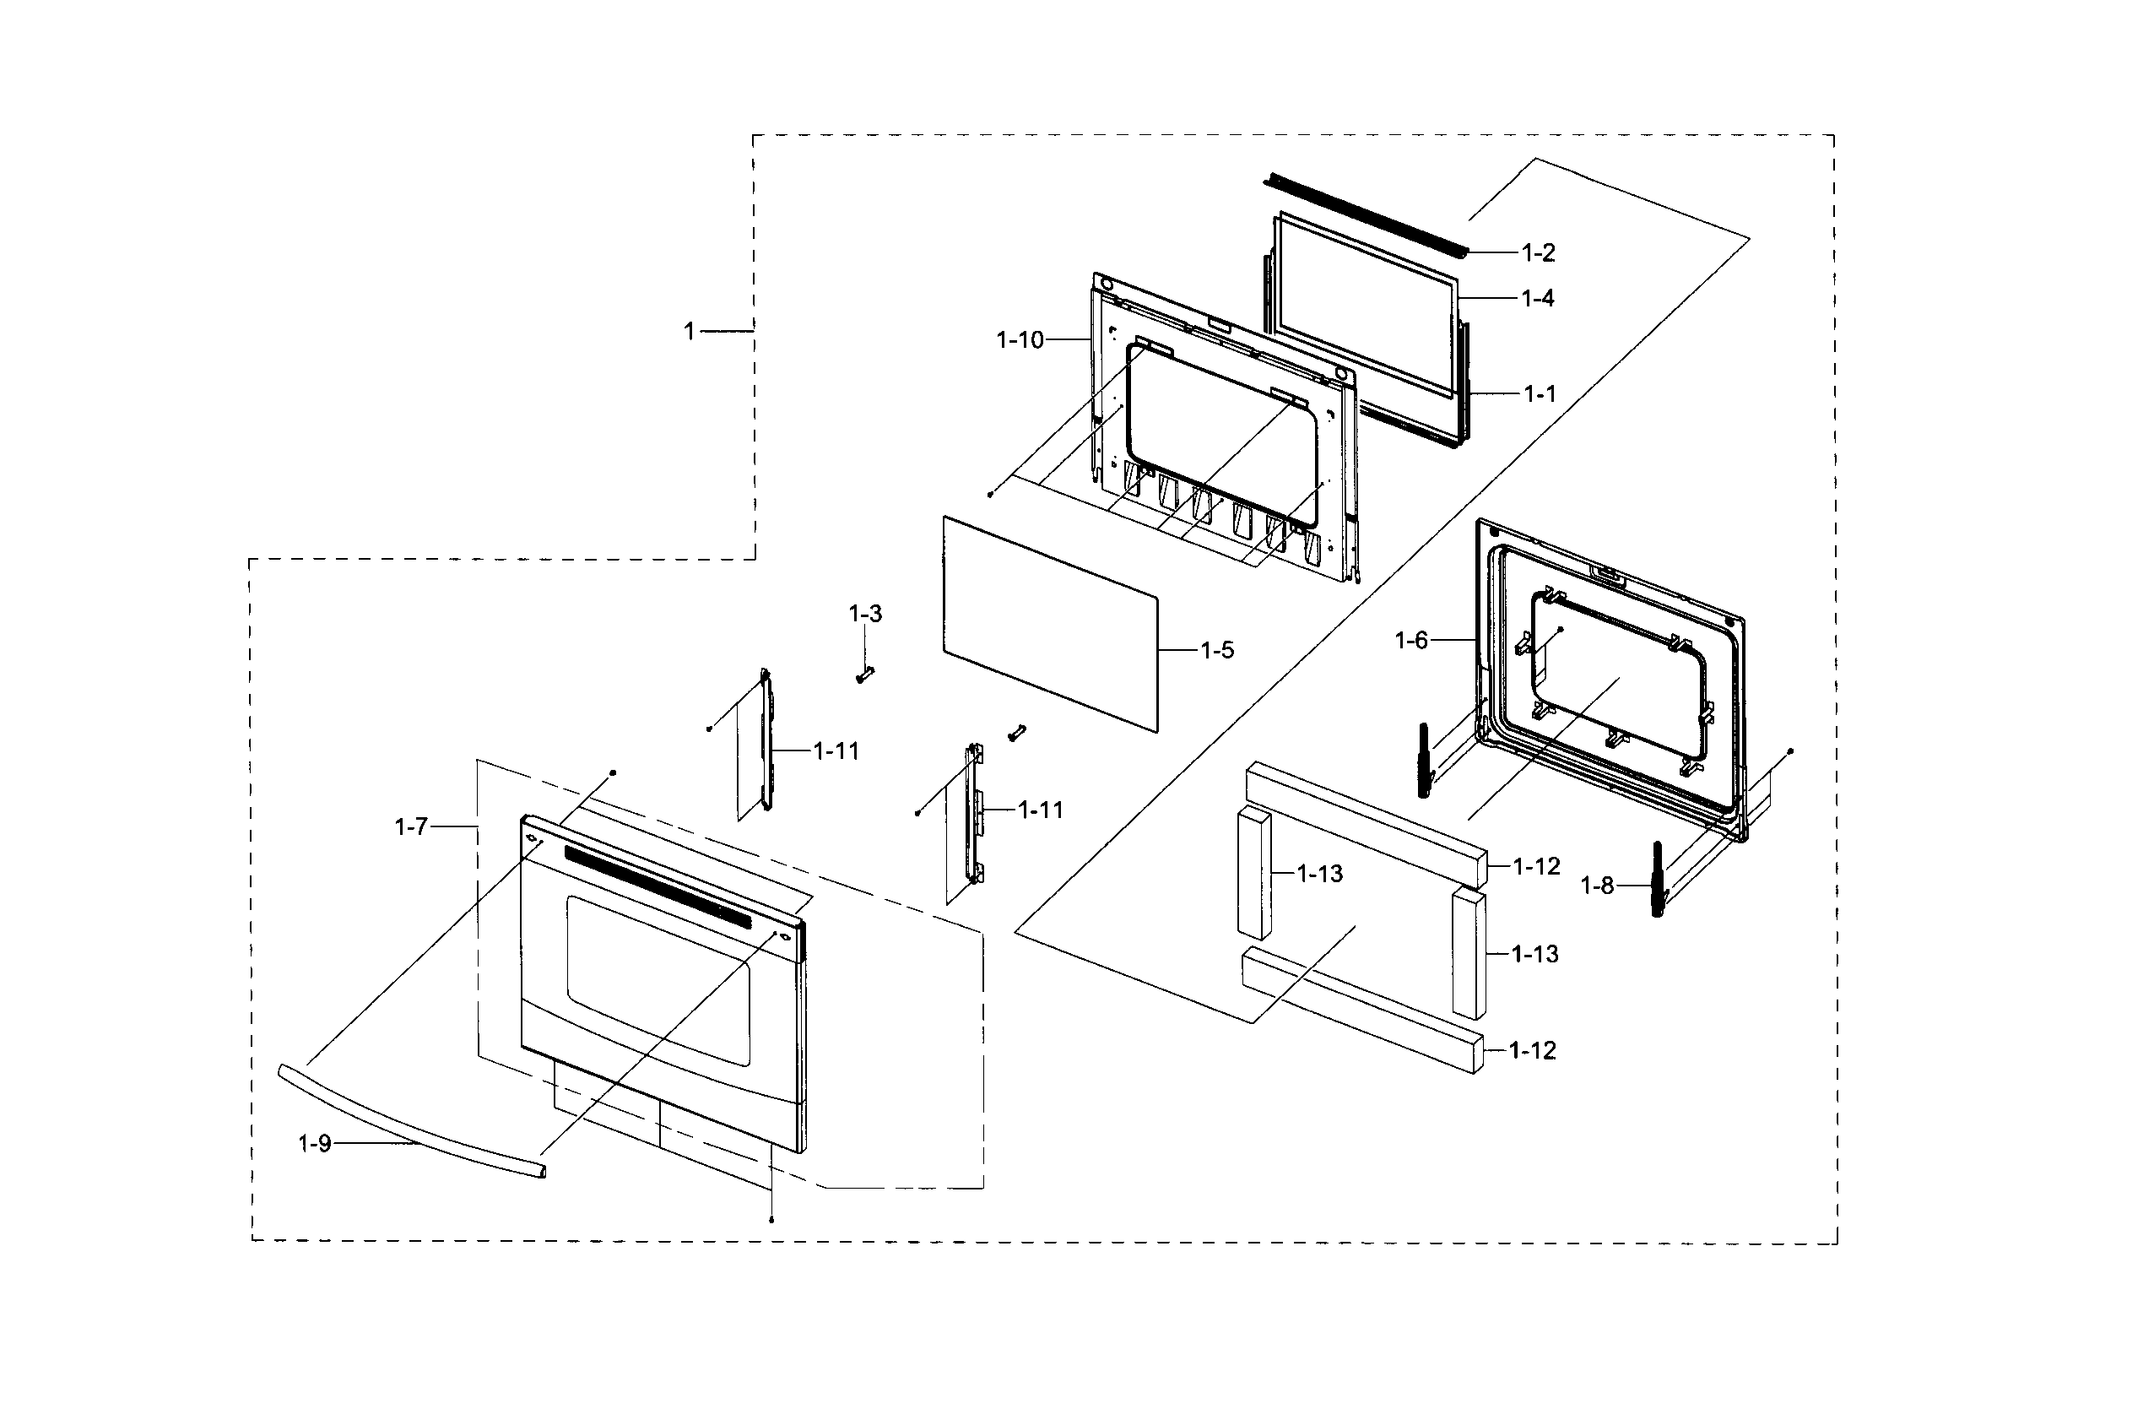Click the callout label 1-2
[1538, 252]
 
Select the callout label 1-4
[1537, 298]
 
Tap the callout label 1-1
[1539, 393]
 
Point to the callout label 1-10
[1020, 340]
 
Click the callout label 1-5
[1216, 650]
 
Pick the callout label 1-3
[865, 614]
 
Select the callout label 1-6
[1411, 641]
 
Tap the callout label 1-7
[411, 826]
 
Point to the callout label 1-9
[315, 1143]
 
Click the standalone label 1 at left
[690, 331]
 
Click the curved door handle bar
[409, 1124]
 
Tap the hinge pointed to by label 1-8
[1657, 880]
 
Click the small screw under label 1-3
[864, 675]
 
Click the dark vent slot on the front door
[658, 886]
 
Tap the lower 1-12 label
[1532, 1050]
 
